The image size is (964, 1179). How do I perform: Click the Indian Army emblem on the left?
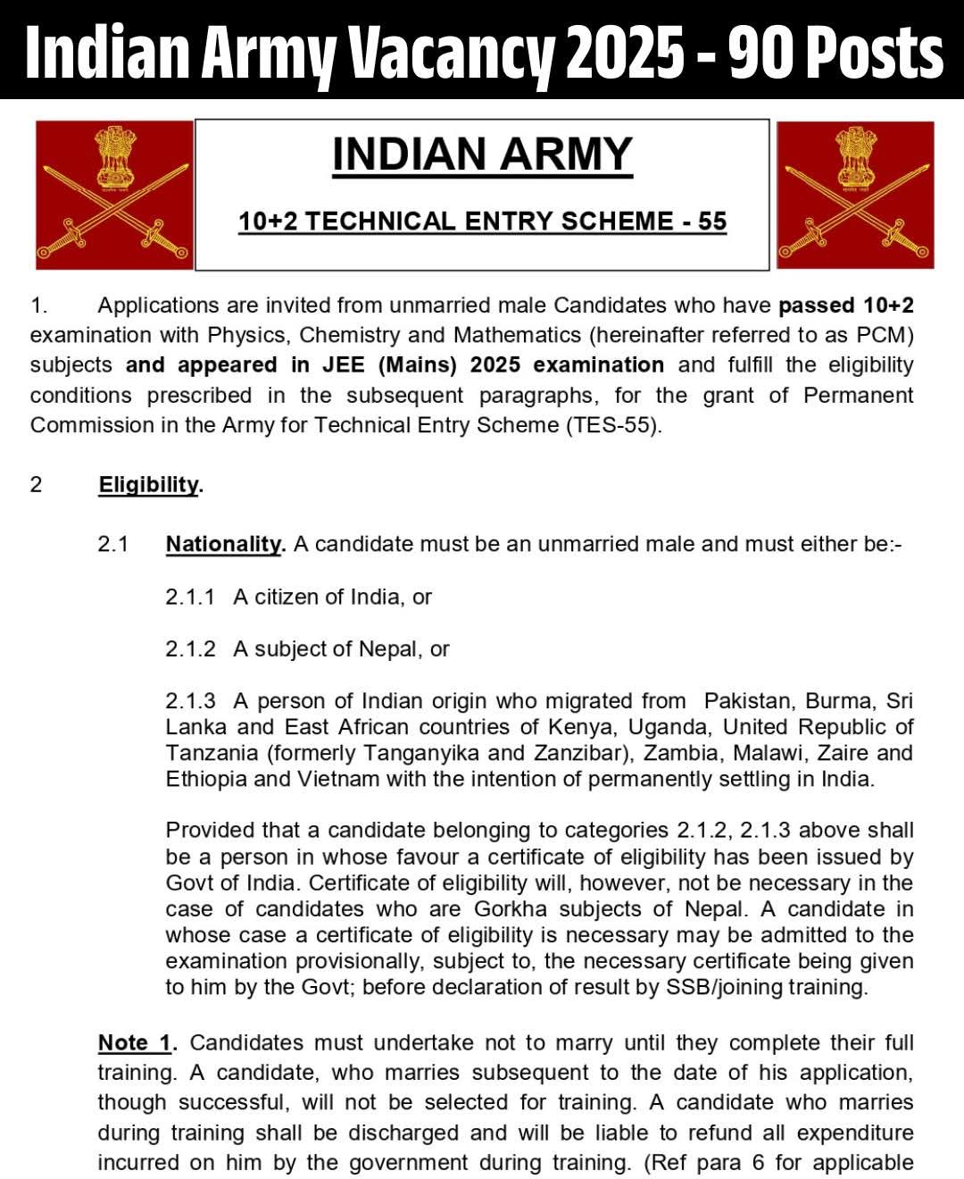coord(113,195)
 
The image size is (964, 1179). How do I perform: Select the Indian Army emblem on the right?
coord(854,195)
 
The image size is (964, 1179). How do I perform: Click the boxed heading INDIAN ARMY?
coord(482,155)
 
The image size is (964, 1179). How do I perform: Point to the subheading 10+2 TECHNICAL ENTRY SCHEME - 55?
coord(482,222)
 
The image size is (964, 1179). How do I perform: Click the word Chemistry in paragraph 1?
coord(349,335)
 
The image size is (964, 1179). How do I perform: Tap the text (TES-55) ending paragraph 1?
coord(613,425)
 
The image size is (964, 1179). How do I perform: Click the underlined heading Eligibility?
coord(149,485)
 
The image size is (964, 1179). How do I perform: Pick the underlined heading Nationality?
coord(224,544)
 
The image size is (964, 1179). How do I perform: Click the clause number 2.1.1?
coord(189,597)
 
